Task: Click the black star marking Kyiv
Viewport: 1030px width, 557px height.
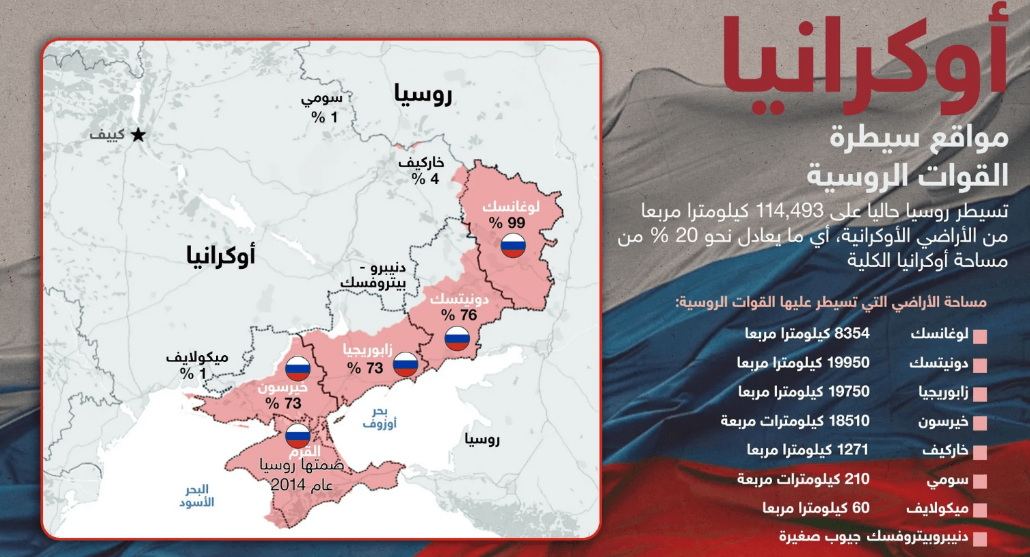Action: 138,135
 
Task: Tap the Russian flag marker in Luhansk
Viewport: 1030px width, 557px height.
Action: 513,245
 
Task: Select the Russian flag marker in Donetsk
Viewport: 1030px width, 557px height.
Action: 457,338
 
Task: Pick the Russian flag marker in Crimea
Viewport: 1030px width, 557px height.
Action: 298,435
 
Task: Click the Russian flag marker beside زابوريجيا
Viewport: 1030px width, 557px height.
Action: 406,364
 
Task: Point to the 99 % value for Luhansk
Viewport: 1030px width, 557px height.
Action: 507,223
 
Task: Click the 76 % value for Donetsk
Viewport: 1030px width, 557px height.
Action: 459,315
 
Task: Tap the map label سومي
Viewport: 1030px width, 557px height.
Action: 321,99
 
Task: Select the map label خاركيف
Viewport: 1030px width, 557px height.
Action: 421,163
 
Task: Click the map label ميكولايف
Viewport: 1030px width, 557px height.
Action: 197,357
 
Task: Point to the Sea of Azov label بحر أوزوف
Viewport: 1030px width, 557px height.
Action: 380,417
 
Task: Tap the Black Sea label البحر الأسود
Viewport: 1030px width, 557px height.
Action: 197,496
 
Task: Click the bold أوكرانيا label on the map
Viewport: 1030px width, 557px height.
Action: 220,256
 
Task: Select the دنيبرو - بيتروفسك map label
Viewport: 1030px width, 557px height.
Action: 373,275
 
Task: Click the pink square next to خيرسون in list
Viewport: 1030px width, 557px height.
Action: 980,423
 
